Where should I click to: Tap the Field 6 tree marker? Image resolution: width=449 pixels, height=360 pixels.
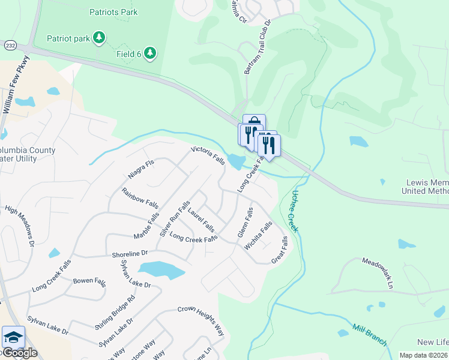[x=149, y=53]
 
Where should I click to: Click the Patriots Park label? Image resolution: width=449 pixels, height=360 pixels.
[x=113, y=12]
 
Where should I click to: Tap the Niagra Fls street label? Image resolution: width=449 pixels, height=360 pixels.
[x=142, y=169]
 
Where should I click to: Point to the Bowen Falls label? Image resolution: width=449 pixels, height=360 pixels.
[x=89, y=280]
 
